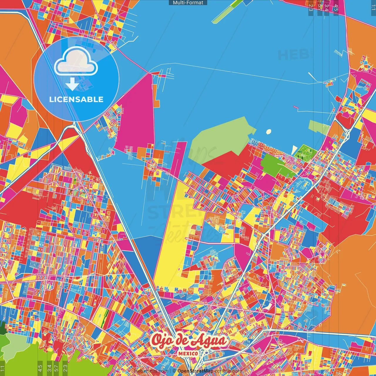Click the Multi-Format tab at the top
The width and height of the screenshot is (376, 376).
[188, 3]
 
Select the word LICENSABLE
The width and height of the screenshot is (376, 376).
[76, 99]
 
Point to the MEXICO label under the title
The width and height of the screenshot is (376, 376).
[188, 353]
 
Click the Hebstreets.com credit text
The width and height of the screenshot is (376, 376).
[151, 371]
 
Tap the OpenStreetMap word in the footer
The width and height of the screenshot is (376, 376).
[195, 371]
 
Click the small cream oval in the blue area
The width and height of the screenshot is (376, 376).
[268, 132]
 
